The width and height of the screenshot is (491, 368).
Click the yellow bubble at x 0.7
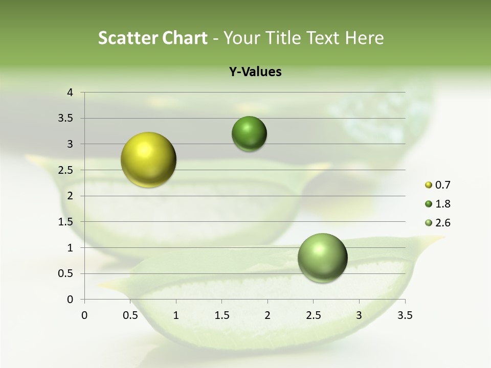pos(149,159)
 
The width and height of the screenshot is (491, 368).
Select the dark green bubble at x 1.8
pos(249,134)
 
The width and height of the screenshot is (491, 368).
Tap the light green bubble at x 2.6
pos(322,258)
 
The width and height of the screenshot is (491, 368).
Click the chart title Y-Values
pos(255,72)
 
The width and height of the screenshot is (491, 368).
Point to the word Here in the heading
pos(364,38)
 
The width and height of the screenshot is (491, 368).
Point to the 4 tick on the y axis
pos(71,93)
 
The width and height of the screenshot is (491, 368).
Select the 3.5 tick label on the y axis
pos(66,119)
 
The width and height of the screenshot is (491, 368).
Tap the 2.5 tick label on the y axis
pos(66,170)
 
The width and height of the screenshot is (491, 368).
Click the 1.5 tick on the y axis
pos(66,222)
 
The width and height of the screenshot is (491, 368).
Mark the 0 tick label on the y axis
pos(71,300)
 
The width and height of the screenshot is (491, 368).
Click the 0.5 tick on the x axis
pos(130,315)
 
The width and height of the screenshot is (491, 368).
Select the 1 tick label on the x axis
pos(176,315)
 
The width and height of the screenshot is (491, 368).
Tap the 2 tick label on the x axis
pos(267,315)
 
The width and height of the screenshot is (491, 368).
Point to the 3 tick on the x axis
pos(359,315)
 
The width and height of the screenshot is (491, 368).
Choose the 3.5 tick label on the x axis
pos(405,315)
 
